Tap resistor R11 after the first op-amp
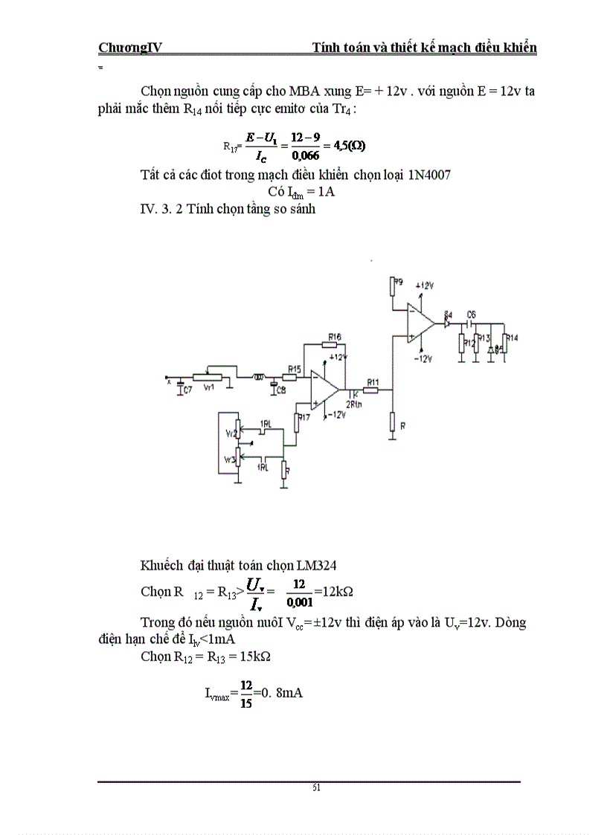click(371, 389)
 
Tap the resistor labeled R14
click(506, 344)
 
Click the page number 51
click(317, 788)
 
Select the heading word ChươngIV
click(131, 48)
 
